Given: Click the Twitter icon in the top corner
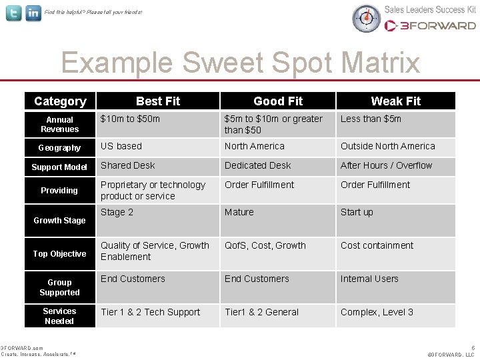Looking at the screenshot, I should [x=13, y=13].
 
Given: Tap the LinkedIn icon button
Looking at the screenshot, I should [x=33, y=13].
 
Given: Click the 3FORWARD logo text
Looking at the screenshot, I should [x=431, y=26].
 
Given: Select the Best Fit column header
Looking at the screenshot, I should [x=158, y=101].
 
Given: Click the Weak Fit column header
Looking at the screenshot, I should [x=396, y=101].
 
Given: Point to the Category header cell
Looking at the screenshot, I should [x=60, y=101].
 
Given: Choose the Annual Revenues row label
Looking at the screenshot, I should [x=60, y=125].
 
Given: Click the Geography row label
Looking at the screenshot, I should [x=60, y=148].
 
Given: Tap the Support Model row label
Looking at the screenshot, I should [x=60, y=167].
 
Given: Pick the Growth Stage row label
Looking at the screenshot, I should [x=60, y=221].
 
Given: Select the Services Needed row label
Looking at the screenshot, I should [x=60, y=316].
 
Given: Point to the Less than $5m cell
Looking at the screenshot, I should [x=371, y=119].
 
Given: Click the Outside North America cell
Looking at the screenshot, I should [x=387, y=146].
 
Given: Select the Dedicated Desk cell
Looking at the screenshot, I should [x=258, y=165].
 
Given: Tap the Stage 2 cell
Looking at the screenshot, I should [x=117, y=212].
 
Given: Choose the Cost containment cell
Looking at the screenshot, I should [x=377, y=245].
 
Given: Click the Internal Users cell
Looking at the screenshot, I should [x=369, y=279].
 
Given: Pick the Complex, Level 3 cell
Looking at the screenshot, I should [x=377, y=312].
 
